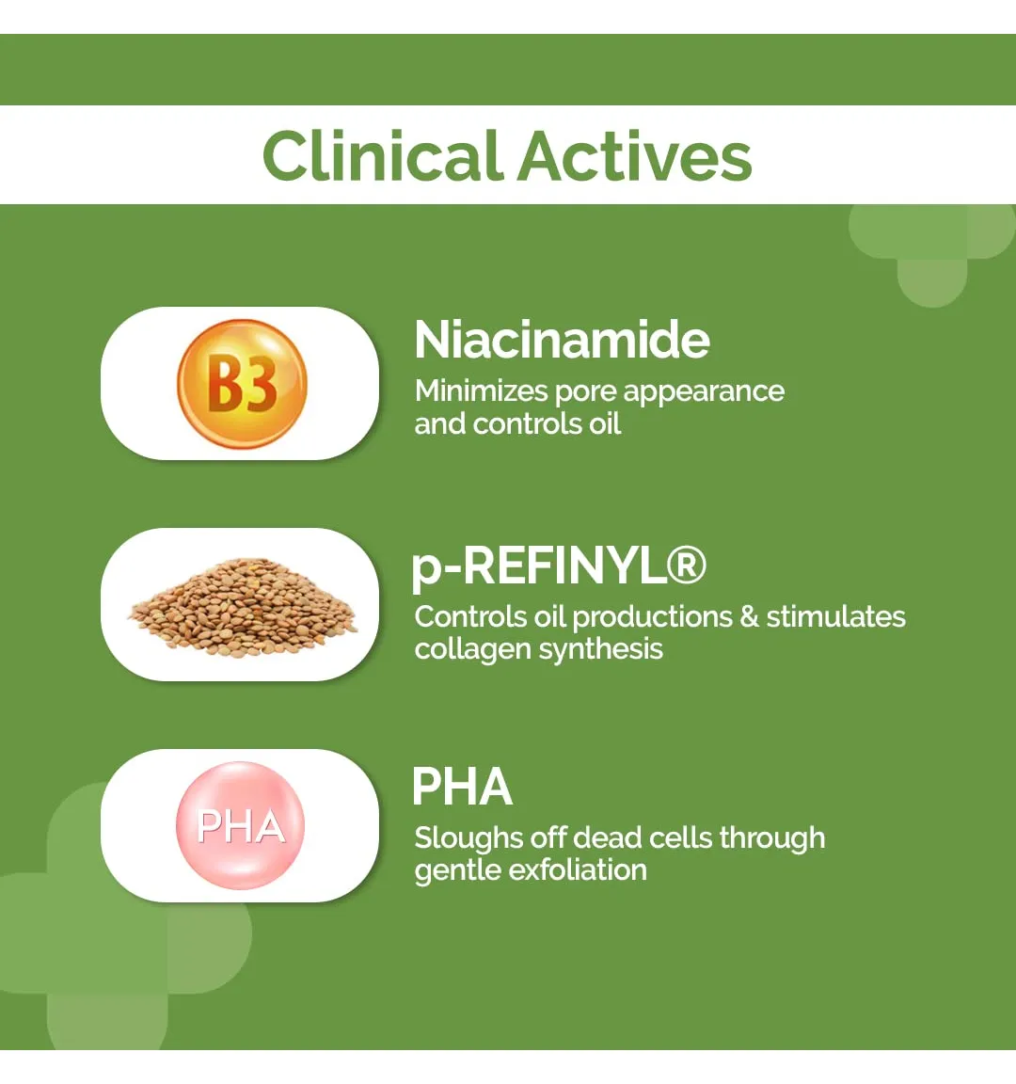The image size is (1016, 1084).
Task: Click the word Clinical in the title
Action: [382, 155]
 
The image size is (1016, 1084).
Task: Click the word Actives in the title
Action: [634, 155]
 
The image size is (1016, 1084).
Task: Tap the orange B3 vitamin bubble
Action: [242, 384]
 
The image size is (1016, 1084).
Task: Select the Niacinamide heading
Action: [562, 340]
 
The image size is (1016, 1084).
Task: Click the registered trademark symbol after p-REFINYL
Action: [686, 565]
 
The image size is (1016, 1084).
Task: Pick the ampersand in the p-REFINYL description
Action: [749, 616]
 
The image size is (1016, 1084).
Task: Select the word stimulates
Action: [835, 616]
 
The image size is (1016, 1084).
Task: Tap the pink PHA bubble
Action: [240, 824]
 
